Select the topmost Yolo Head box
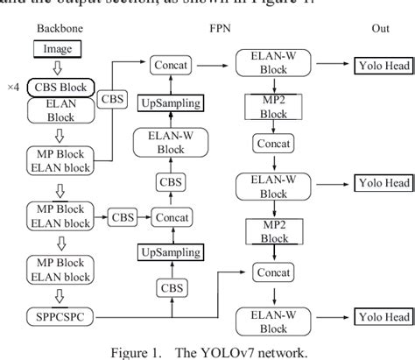(x=380, y=66)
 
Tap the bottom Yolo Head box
(x=380, y=314)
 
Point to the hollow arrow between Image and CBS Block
(x=58, y=68)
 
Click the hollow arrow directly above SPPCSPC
(x=58, y=293)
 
